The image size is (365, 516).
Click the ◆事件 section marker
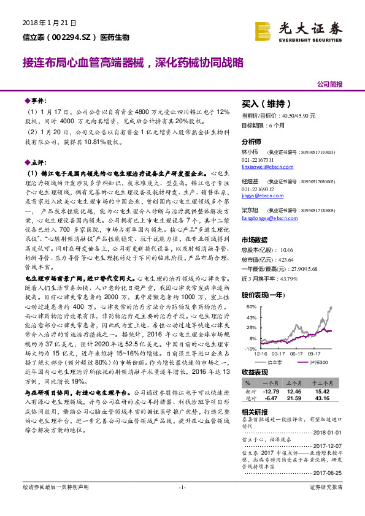tap(34, 99)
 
